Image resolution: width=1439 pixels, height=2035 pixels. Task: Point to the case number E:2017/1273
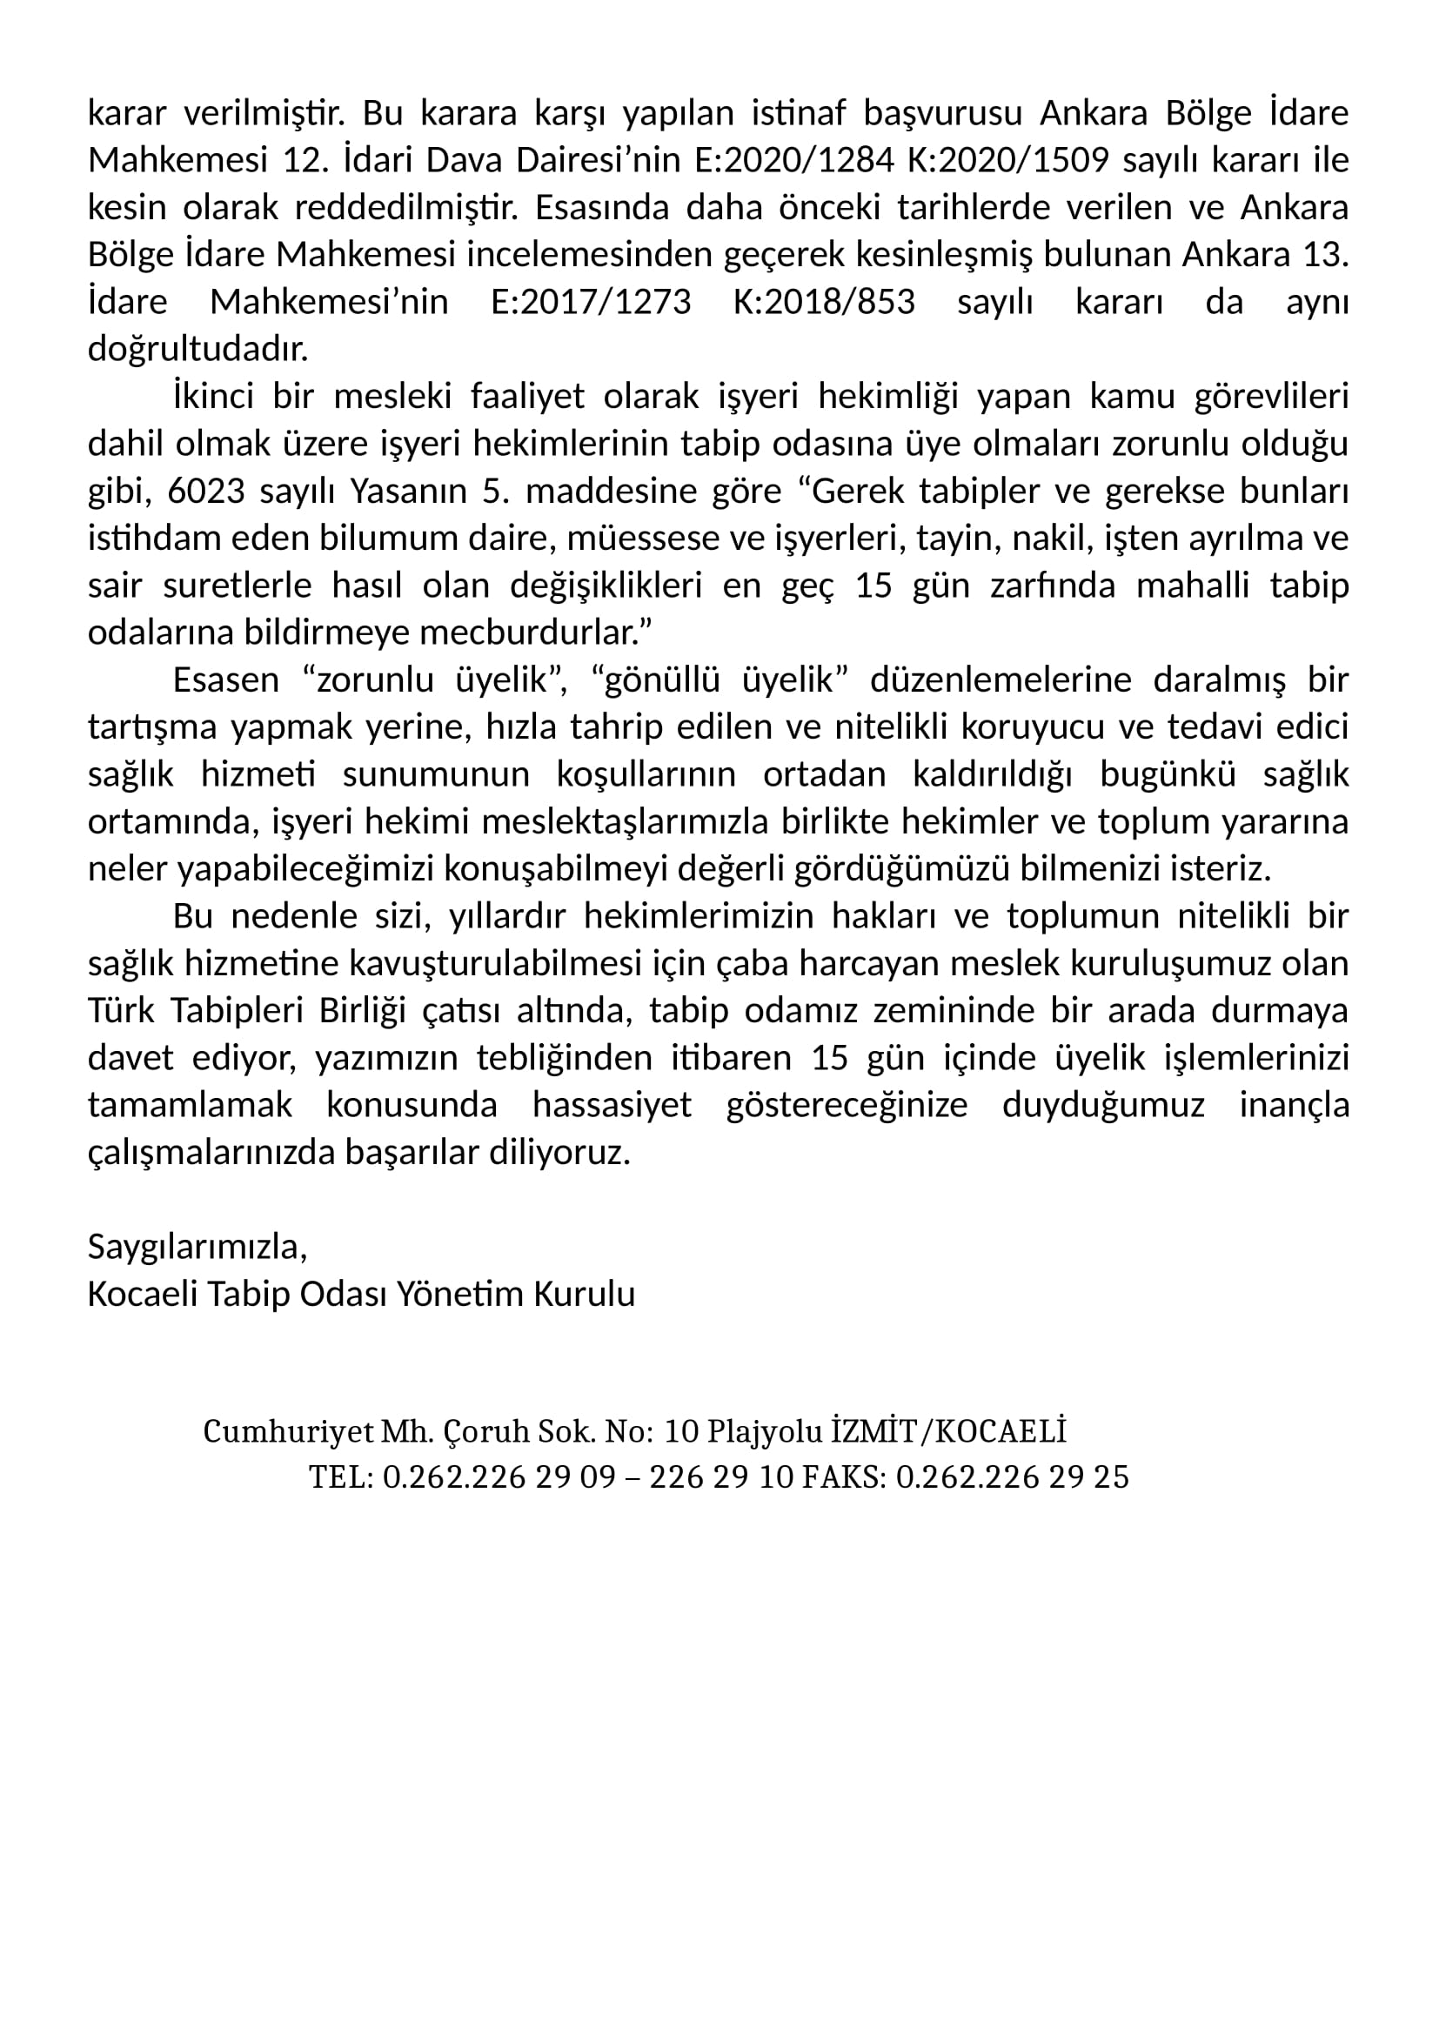tap(591, 302)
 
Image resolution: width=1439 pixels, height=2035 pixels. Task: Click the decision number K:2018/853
tap(824, 302)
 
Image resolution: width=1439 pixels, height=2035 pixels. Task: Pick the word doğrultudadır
tap(197, 350)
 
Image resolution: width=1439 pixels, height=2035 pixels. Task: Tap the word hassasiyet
tap(612, 1105)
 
